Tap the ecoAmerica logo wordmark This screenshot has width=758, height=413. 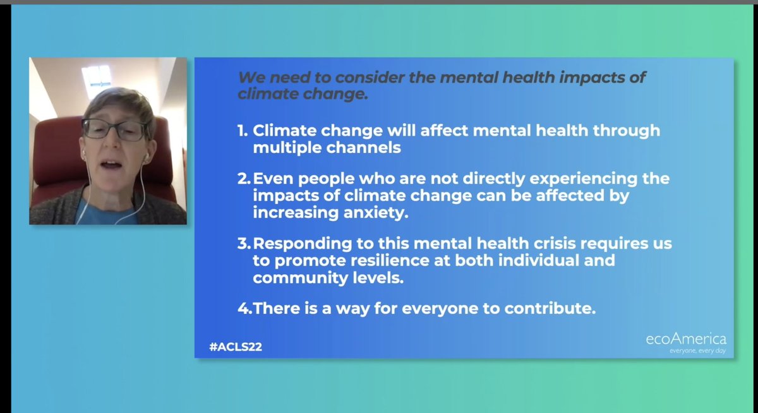(x=685, y=339)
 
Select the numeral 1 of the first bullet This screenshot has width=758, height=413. (x=241, y=131)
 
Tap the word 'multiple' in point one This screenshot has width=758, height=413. (x=282, y=148)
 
